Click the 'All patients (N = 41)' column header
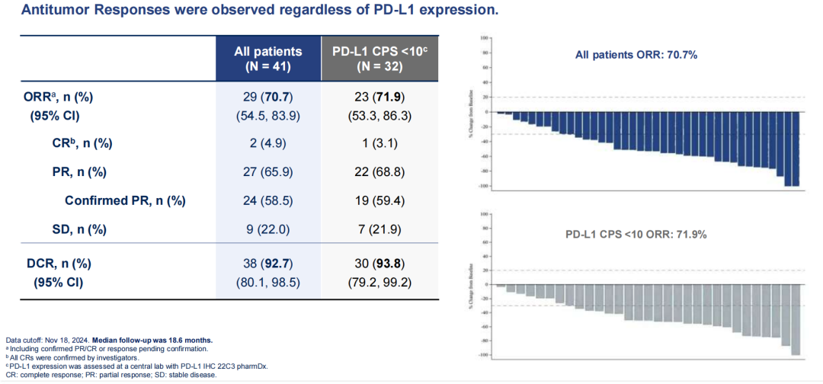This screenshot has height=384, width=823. pos(268,59)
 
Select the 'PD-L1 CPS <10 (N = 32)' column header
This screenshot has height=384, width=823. pos(379,59)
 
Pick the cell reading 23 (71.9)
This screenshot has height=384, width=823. pos(379,98)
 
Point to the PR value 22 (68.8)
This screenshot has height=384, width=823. pos(379,171)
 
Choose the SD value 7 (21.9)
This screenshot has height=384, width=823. pos(379,229)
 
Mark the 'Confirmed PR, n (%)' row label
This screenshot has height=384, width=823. pos(125,200)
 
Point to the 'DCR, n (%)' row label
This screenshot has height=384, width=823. pos(59,263)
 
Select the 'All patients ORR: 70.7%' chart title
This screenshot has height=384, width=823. pos(636,55)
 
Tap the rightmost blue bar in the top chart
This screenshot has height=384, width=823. pos(796,149)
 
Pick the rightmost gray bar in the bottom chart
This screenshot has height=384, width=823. pos(796,319)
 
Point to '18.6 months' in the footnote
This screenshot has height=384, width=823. pos(184,339)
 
